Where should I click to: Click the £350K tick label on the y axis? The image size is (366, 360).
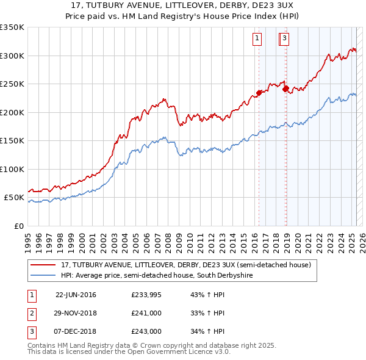click(12, 27)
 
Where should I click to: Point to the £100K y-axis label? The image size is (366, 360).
click(12, 169)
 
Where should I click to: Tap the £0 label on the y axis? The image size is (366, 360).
click(19, 226)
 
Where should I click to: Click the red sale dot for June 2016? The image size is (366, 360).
click(259, 93)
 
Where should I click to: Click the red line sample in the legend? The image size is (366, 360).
click(43, 265)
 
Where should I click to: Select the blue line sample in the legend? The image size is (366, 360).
click(43, 276)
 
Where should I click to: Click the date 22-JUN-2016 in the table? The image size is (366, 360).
click(76, 295)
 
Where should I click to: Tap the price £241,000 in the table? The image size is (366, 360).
click(146, 314)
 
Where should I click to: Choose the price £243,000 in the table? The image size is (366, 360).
click(146, 332)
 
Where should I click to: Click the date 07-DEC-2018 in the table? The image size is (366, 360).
click(76, 332)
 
